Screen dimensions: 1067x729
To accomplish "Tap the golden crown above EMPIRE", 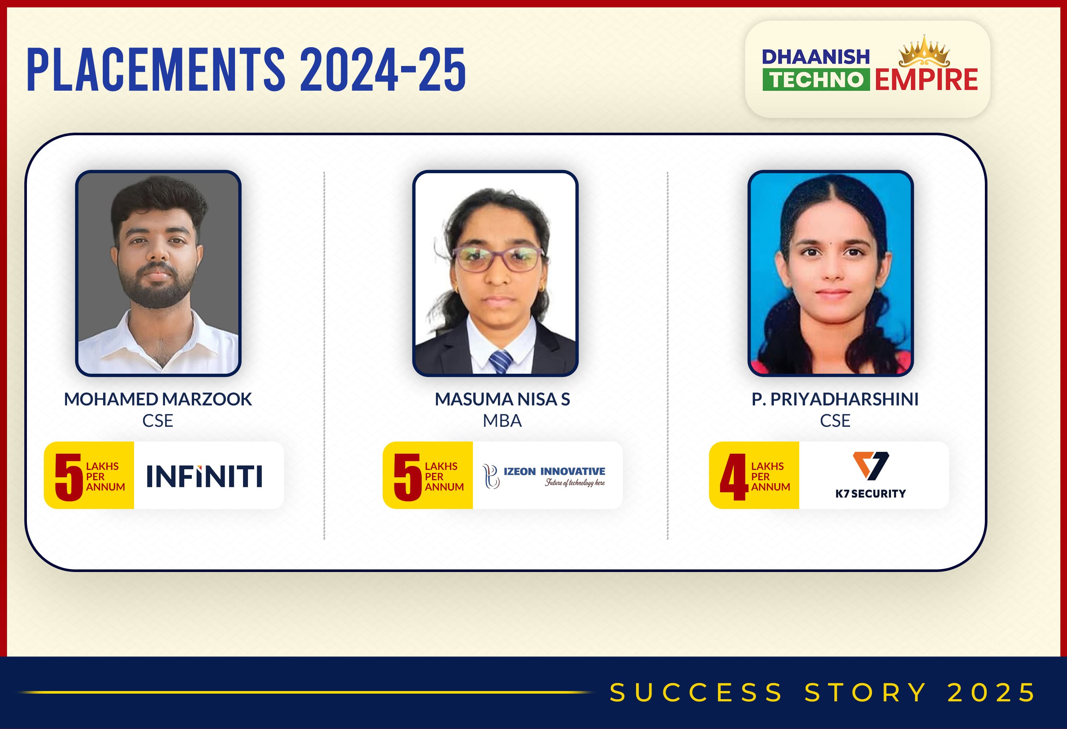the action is (924, 52).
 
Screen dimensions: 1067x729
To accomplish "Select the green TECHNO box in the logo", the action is (816, 80).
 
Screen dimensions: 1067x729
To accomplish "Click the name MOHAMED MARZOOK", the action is (158, 399).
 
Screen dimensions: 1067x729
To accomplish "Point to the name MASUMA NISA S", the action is (502, 399).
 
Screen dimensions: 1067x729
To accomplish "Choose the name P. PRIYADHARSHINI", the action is (835, 399).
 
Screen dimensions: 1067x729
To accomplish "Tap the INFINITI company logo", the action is (204, 476).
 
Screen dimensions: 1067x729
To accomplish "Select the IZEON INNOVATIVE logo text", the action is (554, 471).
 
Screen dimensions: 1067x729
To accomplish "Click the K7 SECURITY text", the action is (870, 494).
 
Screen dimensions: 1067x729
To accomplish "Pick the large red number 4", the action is (734, 477).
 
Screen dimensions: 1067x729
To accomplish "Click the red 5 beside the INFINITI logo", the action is (69, 477).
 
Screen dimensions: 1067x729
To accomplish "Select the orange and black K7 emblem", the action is (870, 465).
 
